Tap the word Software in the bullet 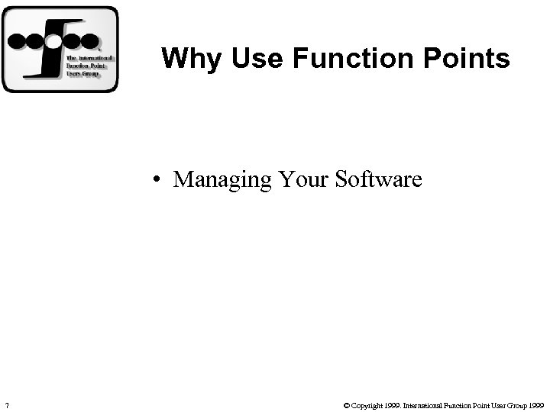(379, 180)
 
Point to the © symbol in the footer (347, 404)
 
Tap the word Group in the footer (516, 404)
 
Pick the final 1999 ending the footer (536, 404)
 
